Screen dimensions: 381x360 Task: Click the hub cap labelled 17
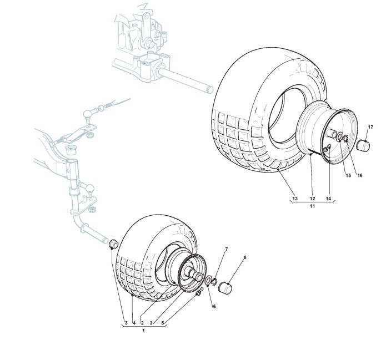pyautogui.click(x=363, y=146)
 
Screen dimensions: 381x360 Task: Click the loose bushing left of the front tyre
pyautogui.click(x=113, y=242)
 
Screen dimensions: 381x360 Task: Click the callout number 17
pyautogui.click(x=370, y=128)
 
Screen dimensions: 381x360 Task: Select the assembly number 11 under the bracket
pyautogui.click(x=312, y=206)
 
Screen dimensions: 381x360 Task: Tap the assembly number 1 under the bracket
pyautogui.click(x=144, y=331)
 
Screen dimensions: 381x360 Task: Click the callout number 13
pyautogui.click(x=294, y=198)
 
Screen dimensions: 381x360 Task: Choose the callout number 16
pyautogui.click(x=359, y=176)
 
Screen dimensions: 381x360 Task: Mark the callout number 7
pyautogui.click(x=227, y=250)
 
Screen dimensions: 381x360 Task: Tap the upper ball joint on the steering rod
pyautogui.click(x=89, y=114)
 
